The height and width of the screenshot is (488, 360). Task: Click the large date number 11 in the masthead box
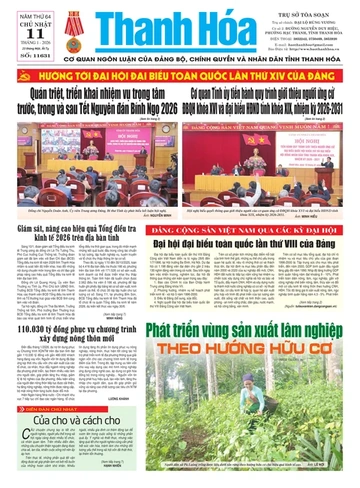pyautogui.click(x=22, y=31)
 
